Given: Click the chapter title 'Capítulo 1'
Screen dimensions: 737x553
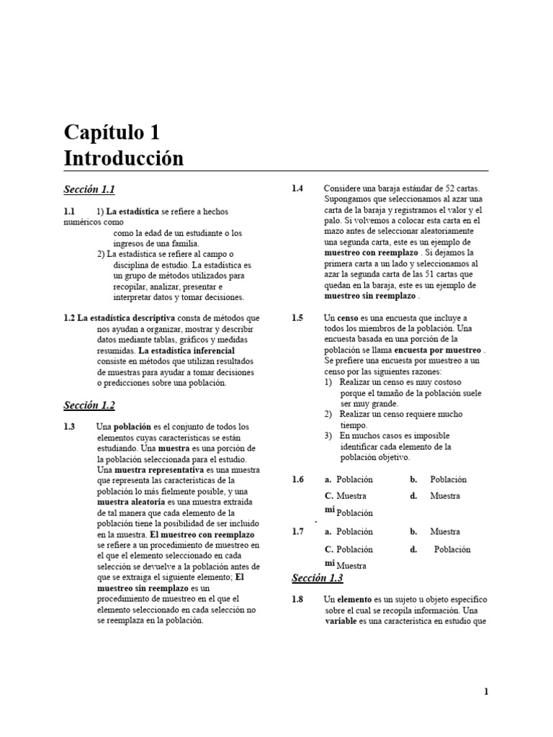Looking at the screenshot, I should point(112,132).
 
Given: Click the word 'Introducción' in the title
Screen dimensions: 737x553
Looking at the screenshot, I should point(124,158).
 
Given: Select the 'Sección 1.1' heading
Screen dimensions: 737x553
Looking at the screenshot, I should point(89,189).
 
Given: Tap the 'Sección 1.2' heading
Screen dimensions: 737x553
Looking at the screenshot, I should point(89,405).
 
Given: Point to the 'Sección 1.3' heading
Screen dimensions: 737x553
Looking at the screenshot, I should point(318,578).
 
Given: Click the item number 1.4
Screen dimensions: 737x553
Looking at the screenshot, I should point(297,189).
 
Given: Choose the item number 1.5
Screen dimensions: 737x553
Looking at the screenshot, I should point(297,317).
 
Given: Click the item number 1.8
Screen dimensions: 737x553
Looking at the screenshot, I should point(297,599).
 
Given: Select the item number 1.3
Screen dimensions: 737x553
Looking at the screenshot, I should point(69,426).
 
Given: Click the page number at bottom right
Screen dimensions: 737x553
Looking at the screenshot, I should point(486,692).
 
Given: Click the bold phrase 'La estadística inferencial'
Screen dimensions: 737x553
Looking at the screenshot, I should point(186,350).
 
